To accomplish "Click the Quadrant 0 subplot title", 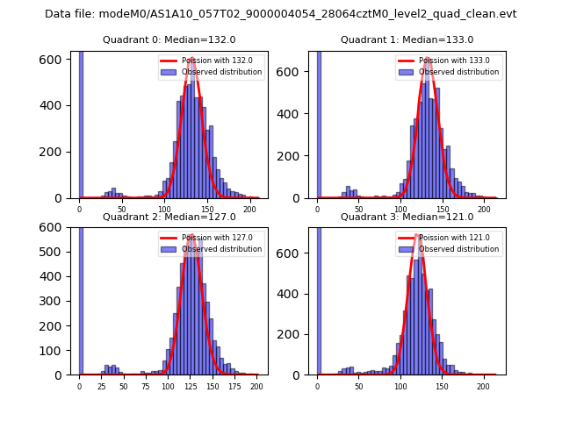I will point(169,39).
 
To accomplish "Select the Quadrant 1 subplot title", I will point(407,39).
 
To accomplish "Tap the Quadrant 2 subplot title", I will point(169,217).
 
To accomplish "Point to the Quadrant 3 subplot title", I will point(407,217).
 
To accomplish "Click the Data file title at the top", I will point(281,14).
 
